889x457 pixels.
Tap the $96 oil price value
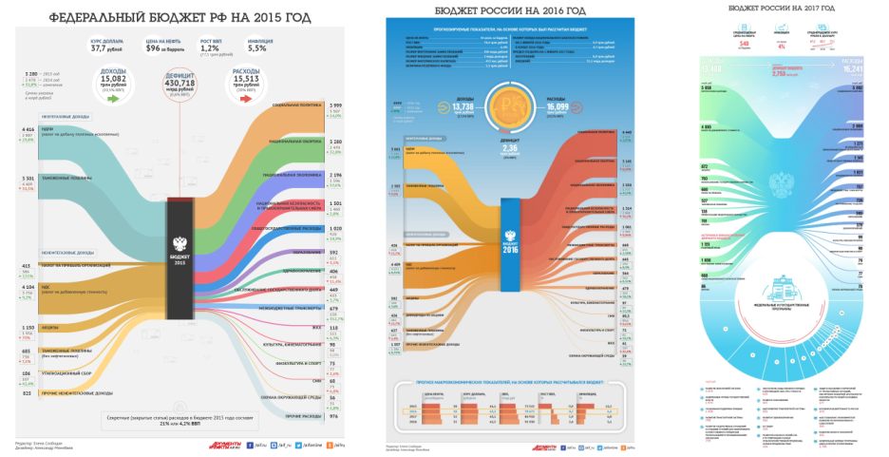coord(159,49)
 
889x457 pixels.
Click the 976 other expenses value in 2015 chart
coord(333,416)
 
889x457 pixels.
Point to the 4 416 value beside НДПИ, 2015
coord(27,129)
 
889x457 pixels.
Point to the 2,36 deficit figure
coord(509,147)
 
